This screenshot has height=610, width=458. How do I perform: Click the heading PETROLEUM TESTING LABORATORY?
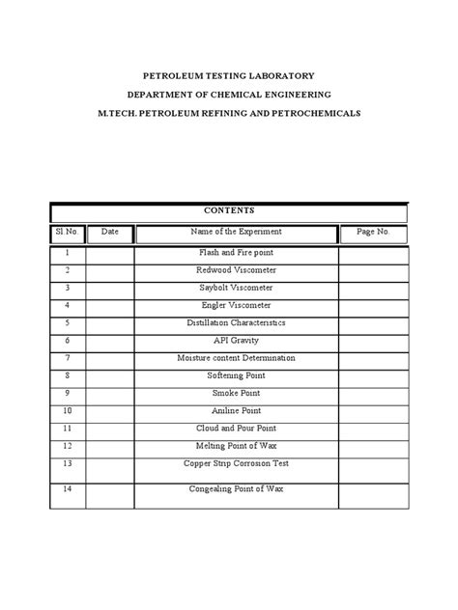[229, 74]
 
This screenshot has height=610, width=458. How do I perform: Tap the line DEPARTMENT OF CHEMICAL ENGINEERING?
[229, 94]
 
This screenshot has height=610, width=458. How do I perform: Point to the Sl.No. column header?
[68, 233]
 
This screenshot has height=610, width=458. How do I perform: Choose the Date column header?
[109, 233]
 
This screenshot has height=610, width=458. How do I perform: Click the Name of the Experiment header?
[236, 233]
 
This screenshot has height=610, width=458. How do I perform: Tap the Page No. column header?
[373, 233]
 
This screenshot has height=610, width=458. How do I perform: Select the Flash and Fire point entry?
[236, 253]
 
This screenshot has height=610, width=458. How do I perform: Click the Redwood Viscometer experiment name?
[236, 270]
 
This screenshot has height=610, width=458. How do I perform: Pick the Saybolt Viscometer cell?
[236, 288]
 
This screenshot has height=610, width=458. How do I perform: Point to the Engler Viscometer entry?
[236, 305]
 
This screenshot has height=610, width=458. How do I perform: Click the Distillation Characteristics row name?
[236, 322]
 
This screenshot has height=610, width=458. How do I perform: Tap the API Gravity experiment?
[236, 340]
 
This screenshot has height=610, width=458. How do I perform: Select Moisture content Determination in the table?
[236, 357]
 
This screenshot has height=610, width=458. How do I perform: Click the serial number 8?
[68, 374]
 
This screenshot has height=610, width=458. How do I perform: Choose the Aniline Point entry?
[236, 410]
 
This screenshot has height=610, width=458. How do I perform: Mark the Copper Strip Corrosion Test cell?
[236, 463]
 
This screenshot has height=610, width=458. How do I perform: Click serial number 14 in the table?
[68, 488]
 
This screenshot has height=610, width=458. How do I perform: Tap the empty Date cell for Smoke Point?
[110, 393]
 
